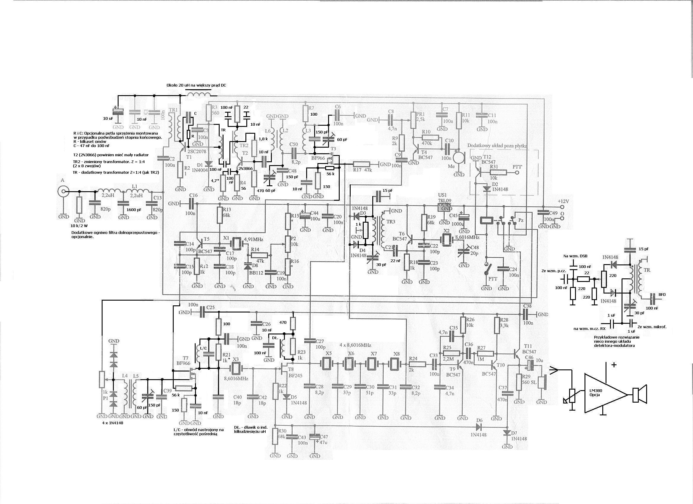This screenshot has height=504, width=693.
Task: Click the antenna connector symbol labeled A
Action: point(63,192)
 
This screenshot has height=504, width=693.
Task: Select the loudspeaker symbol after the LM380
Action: point(639,395)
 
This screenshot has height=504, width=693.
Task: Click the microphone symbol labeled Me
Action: point(458,158)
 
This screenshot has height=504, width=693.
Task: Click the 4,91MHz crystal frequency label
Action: point(253,239)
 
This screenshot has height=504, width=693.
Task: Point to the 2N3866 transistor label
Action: point(245,168)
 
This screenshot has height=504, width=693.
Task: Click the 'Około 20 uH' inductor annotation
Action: point(197,85)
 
